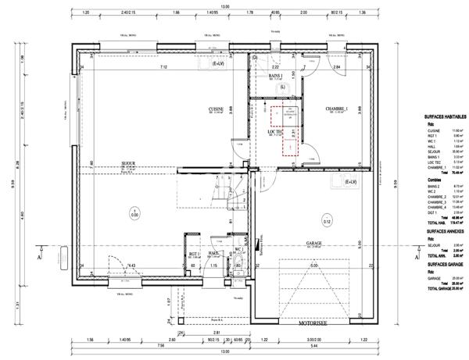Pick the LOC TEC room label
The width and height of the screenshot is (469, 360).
click(x=274, y=132)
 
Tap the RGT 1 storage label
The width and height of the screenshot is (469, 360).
click(x=195, y=254)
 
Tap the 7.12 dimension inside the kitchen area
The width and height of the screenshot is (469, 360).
click(x=163, y=68)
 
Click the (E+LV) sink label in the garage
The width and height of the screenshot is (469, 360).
click(x=352, y=181)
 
